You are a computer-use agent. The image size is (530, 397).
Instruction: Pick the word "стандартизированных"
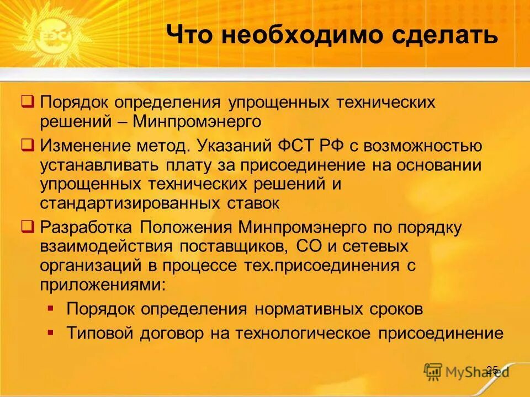click(132, 203)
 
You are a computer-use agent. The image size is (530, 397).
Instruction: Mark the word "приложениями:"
click(102, 284)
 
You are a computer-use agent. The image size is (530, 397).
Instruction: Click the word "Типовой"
click(100, 334)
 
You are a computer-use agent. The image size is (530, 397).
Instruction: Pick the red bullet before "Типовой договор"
click(51, 332)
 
